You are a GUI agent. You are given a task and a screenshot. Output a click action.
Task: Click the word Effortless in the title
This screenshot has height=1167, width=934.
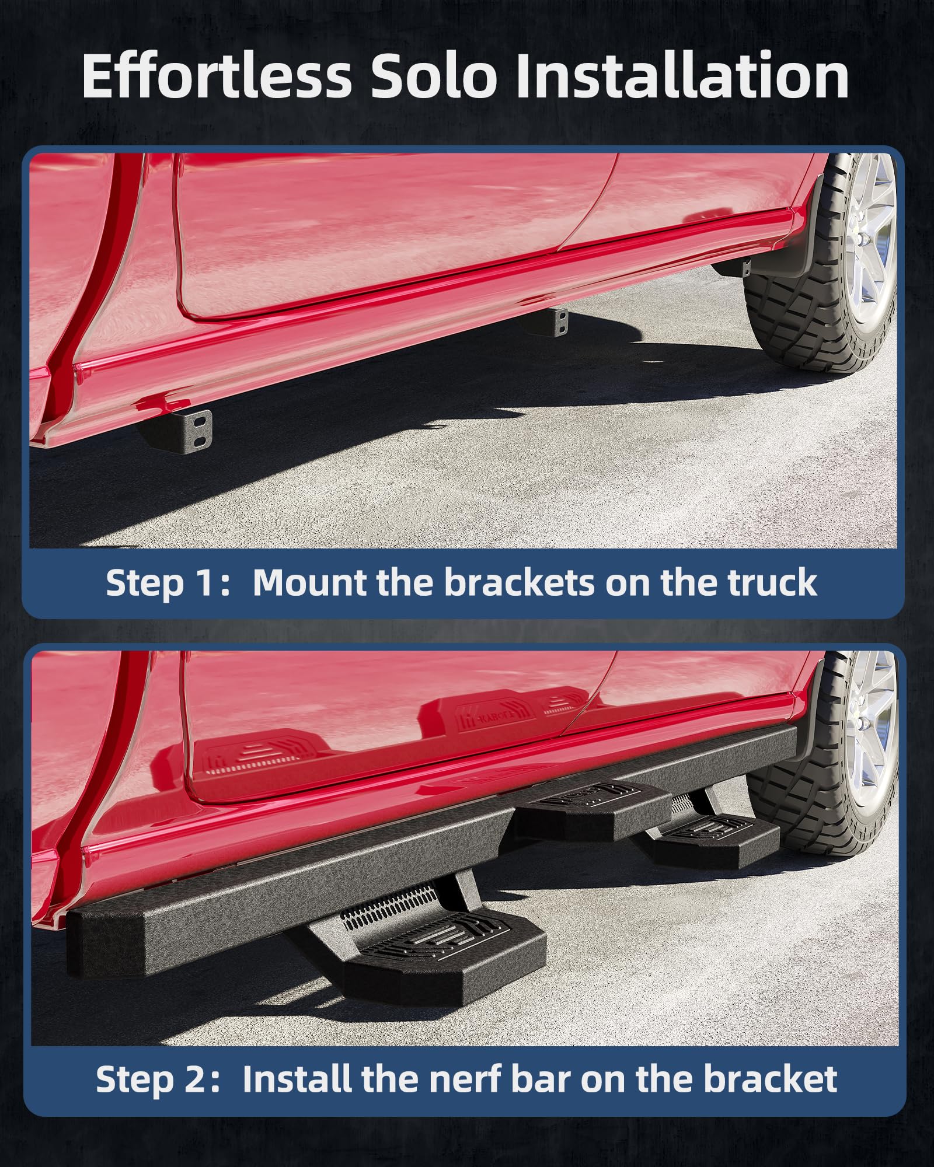[217, 76]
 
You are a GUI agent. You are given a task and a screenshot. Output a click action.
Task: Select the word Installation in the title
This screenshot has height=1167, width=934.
[682, 76]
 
